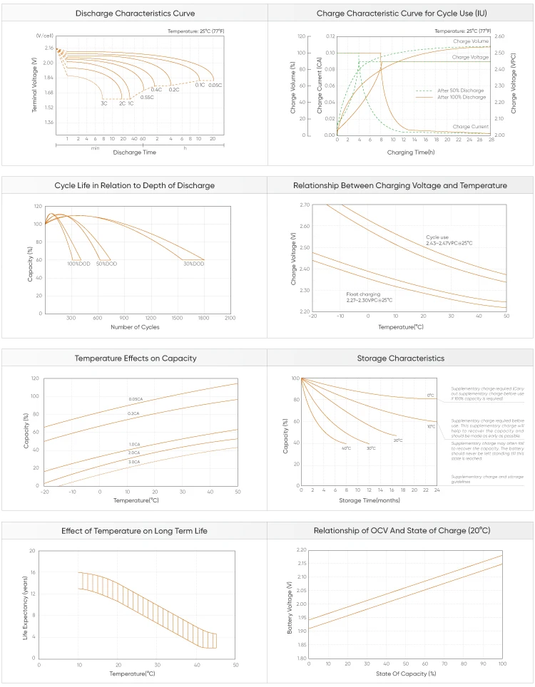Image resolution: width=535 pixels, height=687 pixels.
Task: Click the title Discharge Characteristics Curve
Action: point(135,14)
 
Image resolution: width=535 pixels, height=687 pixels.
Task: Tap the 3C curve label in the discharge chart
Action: point(104,104)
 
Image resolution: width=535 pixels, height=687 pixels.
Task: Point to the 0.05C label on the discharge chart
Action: point(215,85)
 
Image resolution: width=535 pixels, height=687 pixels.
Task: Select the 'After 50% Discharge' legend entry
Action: point(460,91)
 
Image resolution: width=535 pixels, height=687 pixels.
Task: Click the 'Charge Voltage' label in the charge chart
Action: point(470,57)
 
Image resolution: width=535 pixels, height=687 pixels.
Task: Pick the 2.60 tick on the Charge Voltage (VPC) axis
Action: point(499,36)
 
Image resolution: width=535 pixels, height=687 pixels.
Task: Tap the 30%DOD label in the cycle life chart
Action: point(193,264)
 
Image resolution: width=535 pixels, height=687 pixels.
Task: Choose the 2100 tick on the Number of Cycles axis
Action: point(230,317)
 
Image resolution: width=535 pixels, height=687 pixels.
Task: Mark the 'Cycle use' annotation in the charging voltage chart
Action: point(438,237)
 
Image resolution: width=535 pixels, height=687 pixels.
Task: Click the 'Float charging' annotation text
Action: point(362,294)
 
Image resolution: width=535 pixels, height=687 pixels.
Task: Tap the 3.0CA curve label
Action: point(134,462)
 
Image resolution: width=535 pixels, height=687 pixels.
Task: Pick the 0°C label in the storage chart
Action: point(430,395)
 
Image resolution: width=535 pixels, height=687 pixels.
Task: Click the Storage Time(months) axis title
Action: point(370,500)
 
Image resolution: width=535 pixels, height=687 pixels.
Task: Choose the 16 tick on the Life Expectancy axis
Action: point(32,572)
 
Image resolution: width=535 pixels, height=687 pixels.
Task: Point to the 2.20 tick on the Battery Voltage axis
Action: point(301,551)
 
